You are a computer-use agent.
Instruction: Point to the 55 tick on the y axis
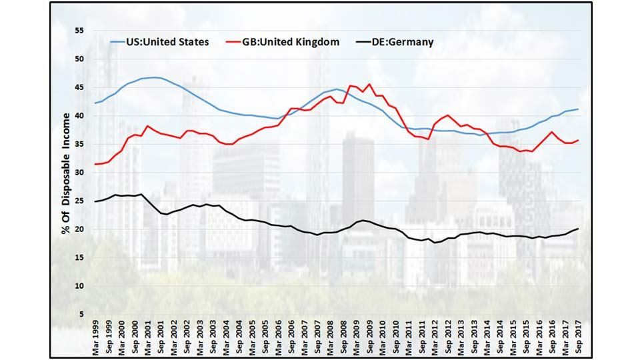tap(79, 31)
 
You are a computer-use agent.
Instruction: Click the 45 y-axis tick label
tap(79, 87)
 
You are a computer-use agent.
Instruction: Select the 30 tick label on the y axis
tap(79, 172)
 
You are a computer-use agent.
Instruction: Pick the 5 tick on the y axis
tap(81, 314)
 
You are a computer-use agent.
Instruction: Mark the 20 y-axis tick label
tap(79, 229)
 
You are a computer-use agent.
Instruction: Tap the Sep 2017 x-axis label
tap(577, 337)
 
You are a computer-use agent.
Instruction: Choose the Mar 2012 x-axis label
tap(435, 337)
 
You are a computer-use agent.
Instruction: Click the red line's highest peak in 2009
tap(369, 84)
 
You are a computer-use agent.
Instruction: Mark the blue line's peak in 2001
tap(155, 77)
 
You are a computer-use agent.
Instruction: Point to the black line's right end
tap(577, 229)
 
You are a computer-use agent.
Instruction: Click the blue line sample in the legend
tap(117, 42)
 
